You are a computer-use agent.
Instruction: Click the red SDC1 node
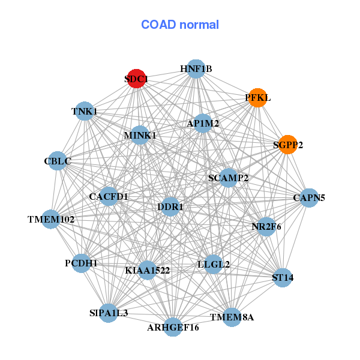coord(136,79)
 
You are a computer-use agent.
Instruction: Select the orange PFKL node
coord(257,97)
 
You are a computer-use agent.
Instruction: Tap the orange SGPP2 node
coord(288,145)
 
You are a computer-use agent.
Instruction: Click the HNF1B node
coord(196,69)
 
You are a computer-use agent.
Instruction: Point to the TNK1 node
coord(85,112)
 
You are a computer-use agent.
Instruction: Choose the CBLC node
coord(58,161)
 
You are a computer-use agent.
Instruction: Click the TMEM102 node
coord(52,219)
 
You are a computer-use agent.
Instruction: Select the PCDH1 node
coord(81,263)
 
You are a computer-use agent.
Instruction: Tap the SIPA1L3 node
coord(109,313)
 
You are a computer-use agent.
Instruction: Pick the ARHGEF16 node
coord(173,327)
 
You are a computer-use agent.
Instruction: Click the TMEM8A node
coord(232,316)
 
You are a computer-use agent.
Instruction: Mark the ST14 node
coord(283,277)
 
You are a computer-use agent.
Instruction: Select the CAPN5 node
coord(308,197)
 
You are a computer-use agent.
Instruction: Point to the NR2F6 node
coord(266,227)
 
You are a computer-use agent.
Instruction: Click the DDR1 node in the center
coord(170,206)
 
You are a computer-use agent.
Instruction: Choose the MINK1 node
coord(140,136)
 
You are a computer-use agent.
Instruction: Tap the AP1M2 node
coord(203,124)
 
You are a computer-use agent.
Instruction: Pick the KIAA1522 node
coord(147,270)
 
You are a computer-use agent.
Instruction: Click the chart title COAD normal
coord(180,25)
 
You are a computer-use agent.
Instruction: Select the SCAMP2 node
coord(228,178)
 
